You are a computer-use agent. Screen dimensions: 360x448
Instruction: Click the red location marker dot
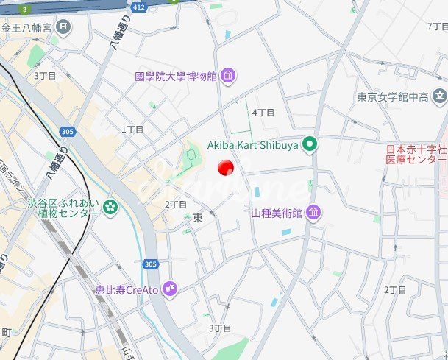[x=226, y=167]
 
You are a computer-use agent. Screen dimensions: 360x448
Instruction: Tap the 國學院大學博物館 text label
[x=175, y=76]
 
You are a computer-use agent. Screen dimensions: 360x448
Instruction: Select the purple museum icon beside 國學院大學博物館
[x=228, y=75]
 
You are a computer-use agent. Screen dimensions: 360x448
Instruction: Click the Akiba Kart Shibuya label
[x=252, y=145]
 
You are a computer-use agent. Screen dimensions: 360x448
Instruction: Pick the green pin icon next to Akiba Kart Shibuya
[x=310, y=144]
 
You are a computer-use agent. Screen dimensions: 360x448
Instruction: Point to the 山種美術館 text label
[x=277, y=213]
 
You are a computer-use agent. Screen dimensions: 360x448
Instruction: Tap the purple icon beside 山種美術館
[x=314, y=213]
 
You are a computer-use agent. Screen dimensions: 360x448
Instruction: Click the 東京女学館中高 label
[x=393, y=96]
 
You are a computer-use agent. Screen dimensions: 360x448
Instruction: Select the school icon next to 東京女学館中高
[x=440, y=96]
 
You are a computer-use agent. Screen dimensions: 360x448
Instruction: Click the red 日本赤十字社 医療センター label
[x=416, y=155]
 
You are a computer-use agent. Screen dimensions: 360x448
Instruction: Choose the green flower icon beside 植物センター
[x=110, y=208]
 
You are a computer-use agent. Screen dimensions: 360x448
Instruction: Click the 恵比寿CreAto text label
[x=127, y=289]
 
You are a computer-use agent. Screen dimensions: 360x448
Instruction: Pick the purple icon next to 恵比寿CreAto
[x=170, y=288]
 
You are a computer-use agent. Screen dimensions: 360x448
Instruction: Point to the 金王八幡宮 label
[x=26, y=27]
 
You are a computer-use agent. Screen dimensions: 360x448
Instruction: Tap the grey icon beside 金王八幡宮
[x=65, y=27]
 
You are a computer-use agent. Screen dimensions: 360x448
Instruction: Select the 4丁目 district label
[x=263, y=113]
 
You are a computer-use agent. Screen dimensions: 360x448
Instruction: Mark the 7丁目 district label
[x=437, y=26]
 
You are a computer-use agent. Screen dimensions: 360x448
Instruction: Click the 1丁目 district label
[x=132, y=129]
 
